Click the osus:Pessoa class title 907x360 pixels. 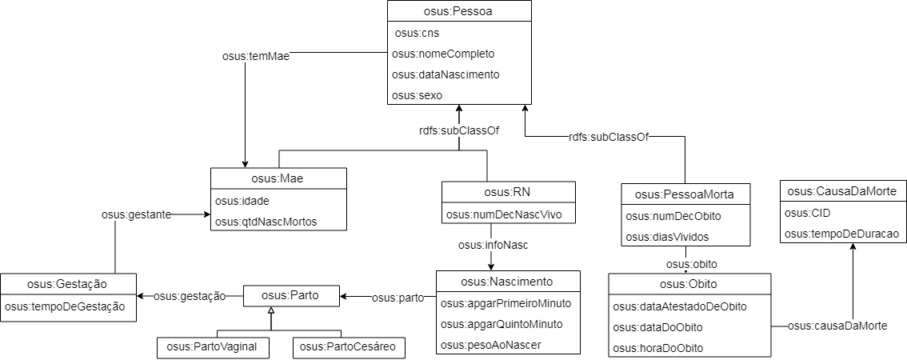coord(459,11)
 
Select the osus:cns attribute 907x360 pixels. coord(414,34)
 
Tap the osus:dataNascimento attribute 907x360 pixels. coord(446,74)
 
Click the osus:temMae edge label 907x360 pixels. coord(256,57)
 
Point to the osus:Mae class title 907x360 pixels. coord(278,179)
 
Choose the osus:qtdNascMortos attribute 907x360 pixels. coord(266,222)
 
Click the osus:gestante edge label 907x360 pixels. coord(137,214)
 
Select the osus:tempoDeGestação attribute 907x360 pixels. coord(65,306)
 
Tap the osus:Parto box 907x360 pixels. coord(291,296)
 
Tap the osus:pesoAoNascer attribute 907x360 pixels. coord(491,346)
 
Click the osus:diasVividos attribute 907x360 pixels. coord(659,237)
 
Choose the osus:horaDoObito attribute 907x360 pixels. coord(658,349)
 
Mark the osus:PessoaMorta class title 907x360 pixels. coord(685,194)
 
